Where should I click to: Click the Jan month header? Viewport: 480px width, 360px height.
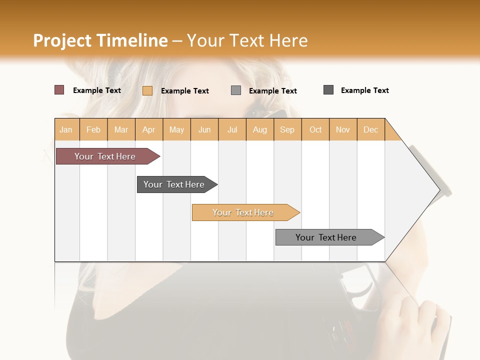coord(66,129)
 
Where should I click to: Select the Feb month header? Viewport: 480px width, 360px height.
coord(93,129)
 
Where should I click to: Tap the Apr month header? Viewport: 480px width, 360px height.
coord(149,129)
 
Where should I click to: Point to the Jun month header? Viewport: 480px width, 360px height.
coord(204,129)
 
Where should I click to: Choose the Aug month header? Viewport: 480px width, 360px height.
coord(260,129)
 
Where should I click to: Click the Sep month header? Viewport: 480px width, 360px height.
coord(287,129)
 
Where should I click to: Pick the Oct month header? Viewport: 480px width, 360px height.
coord(315,129)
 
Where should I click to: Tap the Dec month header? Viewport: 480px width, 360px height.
coord(371,129)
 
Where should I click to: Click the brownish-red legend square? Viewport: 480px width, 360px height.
coord(59,90)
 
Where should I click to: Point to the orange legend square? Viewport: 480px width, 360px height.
coord(147,90)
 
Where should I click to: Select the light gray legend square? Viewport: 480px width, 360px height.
coord(236,90)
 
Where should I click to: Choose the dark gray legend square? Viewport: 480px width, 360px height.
coord(328,90)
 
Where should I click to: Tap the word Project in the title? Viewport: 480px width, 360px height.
coord(62,40)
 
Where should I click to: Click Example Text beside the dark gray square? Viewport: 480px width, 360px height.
coord(364,90)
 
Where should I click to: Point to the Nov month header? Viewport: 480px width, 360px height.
coord(343,129)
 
